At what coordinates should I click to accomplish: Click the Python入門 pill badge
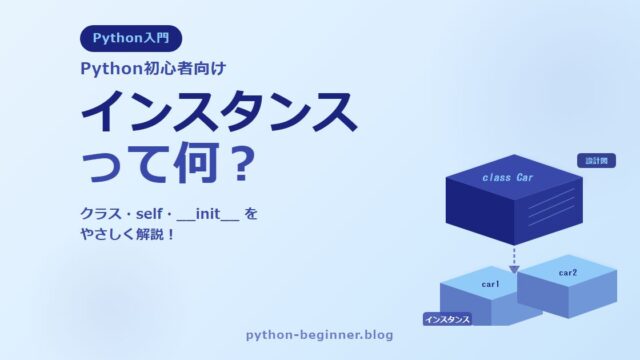pyautogui.click(x=131, y=38)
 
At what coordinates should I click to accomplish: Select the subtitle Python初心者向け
pyautogui.click(x=153, y=69)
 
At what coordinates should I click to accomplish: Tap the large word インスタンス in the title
pyautogui.click(x=219, y=112)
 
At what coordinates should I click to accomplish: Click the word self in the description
pyautogui.click(x=149, y=214)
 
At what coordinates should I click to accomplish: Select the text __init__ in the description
pyautogui.click(x=208, y=214)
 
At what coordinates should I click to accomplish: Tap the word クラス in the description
pyautogui.click(x=100, y=214)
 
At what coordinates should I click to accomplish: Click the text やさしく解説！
pyautogui.click(x=128, y=234)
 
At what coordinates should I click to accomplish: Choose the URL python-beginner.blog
pyautogui.click(x=320, y=335)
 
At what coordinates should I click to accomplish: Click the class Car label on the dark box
pyautogui.click(x=508, y=178)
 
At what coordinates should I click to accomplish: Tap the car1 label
pyautogui.click(x=490, y=284)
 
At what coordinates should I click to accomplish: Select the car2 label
pyautogui.click(x=568, y=273)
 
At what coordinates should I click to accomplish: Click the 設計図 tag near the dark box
pyautogui.click(x=596, y=161)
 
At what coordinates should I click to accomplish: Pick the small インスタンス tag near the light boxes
pyautogui.click(x=447, y=319)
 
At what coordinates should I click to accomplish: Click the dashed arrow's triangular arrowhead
pyautogui.click(x=514, y=269)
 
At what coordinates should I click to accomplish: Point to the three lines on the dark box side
pyautogui.click(x=551, y=207)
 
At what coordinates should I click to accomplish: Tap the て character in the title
pyautogui.click(x=149, y=162)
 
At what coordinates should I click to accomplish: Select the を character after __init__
pyautogui.click(x=251, y=214)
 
